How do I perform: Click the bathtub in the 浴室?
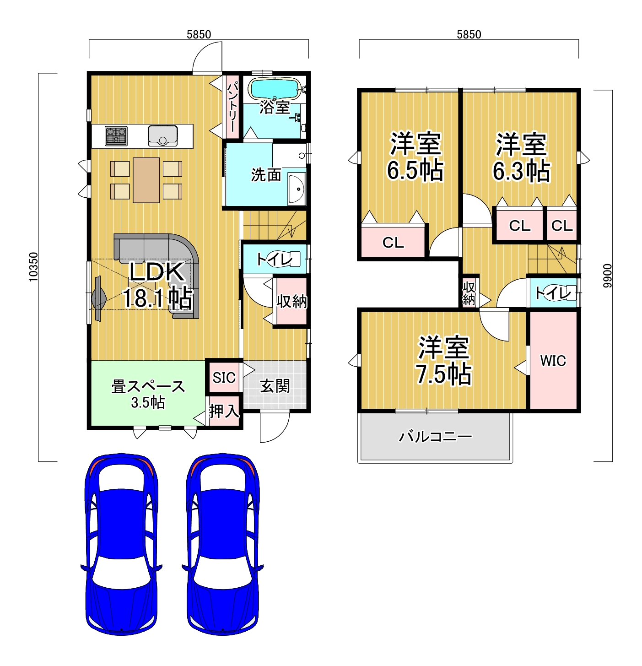[275, 88]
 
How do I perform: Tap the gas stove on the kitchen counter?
[116, 136]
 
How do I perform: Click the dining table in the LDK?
[146, 180]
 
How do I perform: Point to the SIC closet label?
[224, 378]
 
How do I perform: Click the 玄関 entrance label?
[275, 386]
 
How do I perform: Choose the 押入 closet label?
[224, 411]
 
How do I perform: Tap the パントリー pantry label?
[232, 107]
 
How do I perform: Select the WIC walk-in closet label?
[553, 360]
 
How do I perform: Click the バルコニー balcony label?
[435, 436]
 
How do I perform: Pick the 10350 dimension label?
[33, 267]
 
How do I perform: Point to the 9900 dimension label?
[607, 276]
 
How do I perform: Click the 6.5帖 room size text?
[415, 170]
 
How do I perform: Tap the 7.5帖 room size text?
[443, 374]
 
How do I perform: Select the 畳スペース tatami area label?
[148, 386]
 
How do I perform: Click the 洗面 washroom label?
[266, 175]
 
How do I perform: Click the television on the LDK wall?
[99, 299]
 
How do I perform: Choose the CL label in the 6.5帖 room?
[393, 242]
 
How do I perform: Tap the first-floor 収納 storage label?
[291, 301]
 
